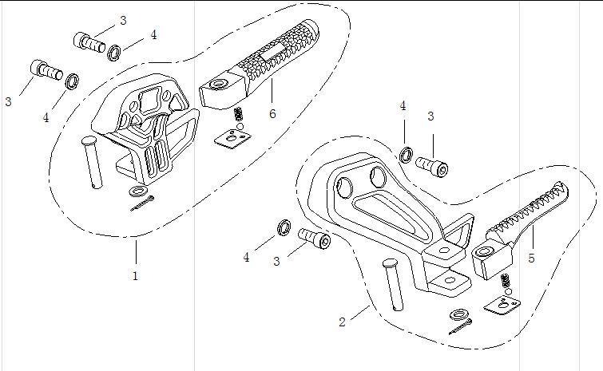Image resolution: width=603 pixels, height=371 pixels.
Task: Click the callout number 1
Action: (136, 276)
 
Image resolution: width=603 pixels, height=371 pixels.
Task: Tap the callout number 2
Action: (342, 322)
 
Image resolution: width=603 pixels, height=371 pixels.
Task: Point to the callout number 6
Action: (272, 114)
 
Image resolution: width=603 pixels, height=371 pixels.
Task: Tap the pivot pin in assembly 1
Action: (91, 163)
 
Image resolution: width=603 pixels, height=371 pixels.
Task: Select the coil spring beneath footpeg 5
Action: (506, 281)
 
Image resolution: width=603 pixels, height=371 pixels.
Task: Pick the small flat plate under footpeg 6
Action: (232, 140)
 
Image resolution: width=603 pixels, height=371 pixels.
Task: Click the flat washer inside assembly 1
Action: (140, 192)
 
